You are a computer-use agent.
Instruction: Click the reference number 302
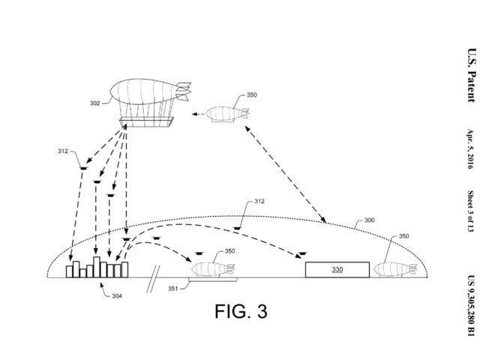94,103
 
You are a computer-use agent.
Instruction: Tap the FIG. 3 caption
241,311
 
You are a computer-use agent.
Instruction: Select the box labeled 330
337,270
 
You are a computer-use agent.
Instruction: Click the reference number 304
117,296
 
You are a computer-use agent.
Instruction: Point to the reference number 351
173,288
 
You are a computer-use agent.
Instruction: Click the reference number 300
369,220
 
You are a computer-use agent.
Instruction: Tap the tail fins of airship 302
183,91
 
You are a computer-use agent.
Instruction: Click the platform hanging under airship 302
146,121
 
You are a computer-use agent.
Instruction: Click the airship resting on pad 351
213,269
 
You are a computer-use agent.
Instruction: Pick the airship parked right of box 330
395,269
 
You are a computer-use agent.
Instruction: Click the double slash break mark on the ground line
153,279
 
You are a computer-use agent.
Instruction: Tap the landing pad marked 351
213,280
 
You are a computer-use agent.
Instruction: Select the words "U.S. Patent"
472,75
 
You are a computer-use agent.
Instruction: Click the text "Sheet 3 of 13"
470,211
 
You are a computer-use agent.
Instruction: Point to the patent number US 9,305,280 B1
472,305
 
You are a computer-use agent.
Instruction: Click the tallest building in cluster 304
97,267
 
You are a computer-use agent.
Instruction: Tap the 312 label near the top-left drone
63,151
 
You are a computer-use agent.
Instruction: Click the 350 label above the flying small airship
252,95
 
